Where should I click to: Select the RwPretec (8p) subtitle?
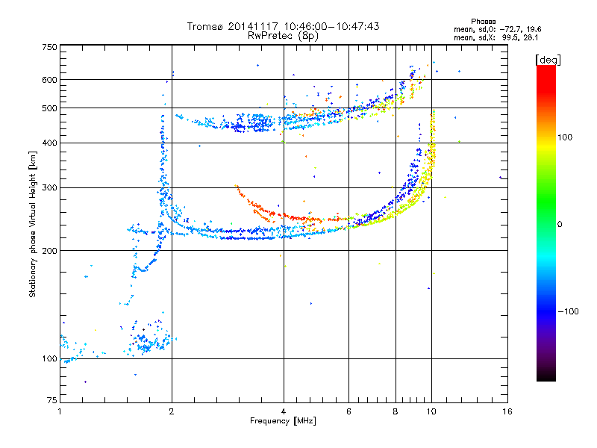tap(283, 36)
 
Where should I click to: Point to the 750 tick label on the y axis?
tap(50, 47)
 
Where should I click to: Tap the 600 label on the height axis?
tap(50, 80)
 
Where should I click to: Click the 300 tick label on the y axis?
tap(50, 187)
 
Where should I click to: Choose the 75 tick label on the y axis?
tap(52, 400)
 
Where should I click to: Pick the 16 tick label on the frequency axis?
tap(507, 411)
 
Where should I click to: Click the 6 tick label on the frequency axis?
tap(348, 411)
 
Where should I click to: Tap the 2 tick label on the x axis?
tap(172, 411)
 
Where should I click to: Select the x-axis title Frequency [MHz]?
tap(283, 421)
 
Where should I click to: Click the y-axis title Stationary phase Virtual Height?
tap(33, 224)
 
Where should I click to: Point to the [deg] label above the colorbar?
tap(548, 60)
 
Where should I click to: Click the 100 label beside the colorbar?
tap(565, 137)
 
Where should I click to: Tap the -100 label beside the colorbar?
tap(568, 311)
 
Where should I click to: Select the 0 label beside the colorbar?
tap(560, 225)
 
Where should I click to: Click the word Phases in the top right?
tap(483, 22)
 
